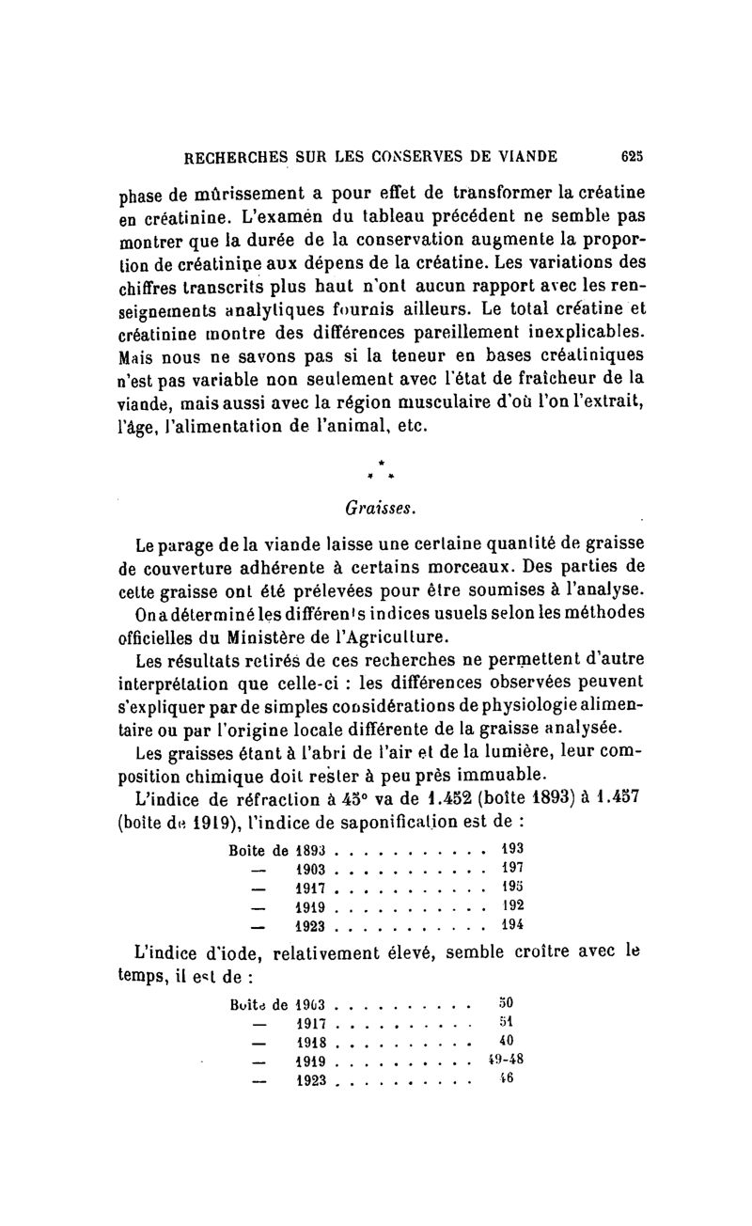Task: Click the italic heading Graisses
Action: (x=374, y=507)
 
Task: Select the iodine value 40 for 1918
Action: (x=505, y=1040)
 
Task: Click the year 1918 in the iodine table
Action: (x=311, y=1040)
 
